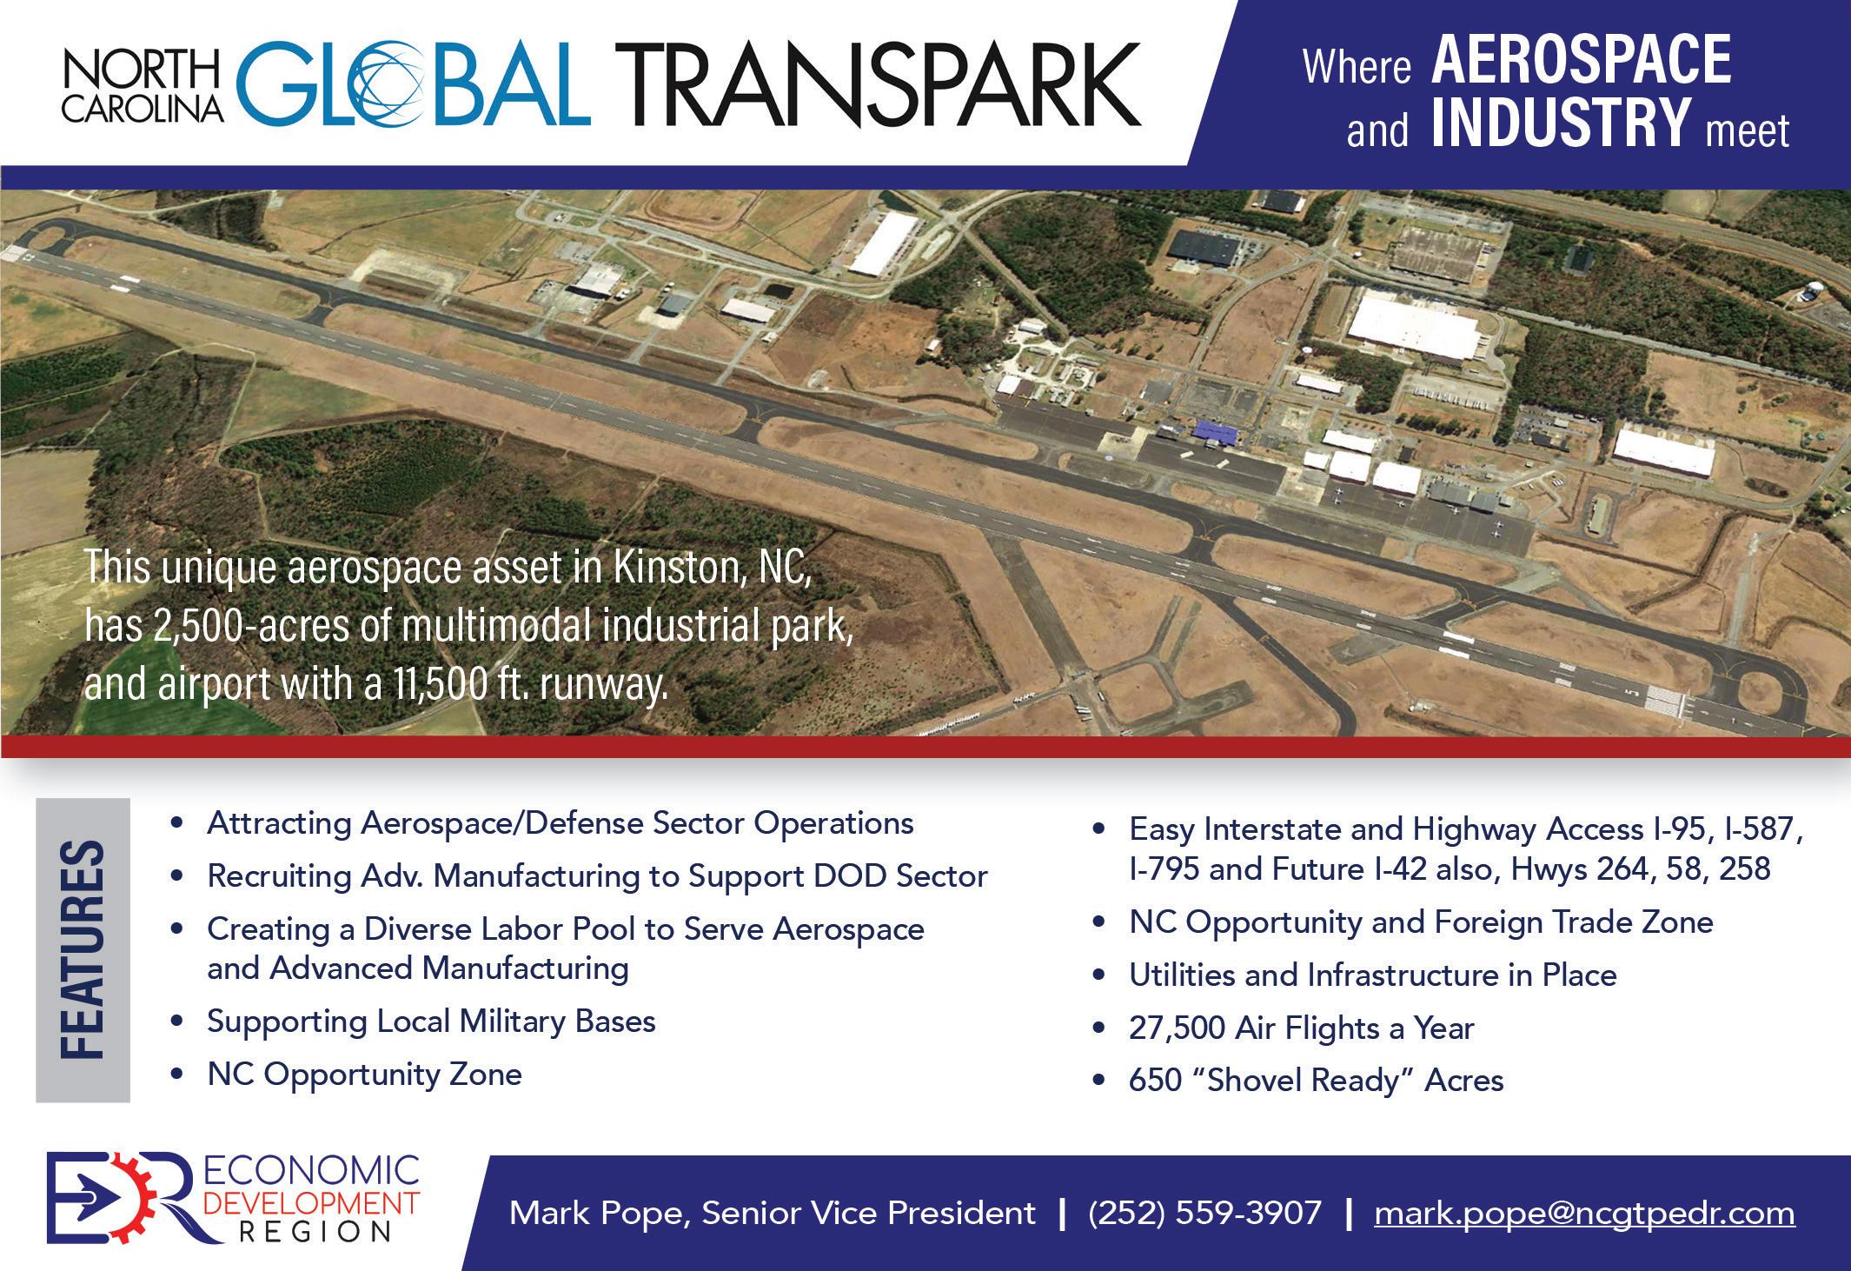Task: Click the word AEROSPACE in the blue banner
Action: pyautogui.click(x=1581, y=59)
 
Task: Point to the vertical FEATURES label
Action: pyautogui.click(x=83, y=949)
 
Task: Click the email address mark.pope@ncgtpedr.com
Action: pyautogui.click(x=1584, y=1212)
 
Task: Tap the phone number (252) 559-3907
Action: pyautogui.click(x=1204, y=1212)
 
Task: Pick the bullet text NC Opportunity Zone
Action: pyautogui.click(x=364, y=1075)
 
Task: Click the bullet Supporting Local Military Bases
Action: pyautogui.click(x=431, y=1021)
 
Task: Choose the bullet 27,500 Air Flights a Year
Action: pyautogui.click(x=1301, y=1028)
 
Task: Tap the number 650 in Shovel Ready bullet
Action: pyautogui.click(x=1156, y=1081)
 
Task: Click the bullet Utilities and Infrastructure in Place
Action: pyautogui.click(x=1373, y=975)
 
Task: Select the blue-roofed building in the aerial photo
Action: pyautogui.click(x=1217, y=432)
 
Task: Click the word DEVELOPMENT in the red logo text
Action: pyautogui.click(x=310, y=1204)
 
